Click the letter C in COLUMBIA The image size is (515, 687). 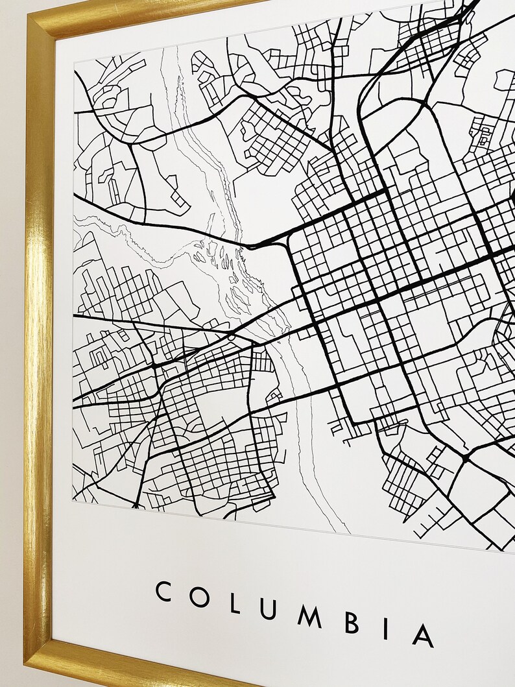163,592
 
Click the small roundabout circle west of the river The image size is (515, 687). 231,337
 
